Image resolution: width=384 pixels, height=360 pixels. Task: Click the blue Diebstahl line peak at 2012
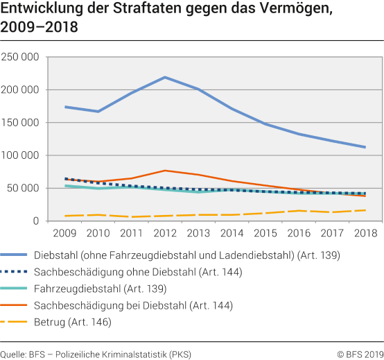(x=165, y=77)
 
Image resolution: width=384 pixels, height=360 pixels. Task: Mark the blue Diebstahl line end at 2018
(x=365, y=147)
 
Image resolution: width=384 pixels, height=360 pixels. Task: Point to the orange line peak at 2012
(x=165, y=171)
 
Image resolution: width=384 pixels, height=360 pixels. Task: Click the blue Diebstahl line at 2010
(x=98, y=112)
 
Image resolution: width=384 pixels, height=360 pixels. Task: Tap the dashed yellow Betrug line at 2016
(x=298, y=211)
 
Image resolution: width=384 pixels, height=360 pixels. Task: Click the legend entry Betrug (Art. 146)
(x=87, y=322)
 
